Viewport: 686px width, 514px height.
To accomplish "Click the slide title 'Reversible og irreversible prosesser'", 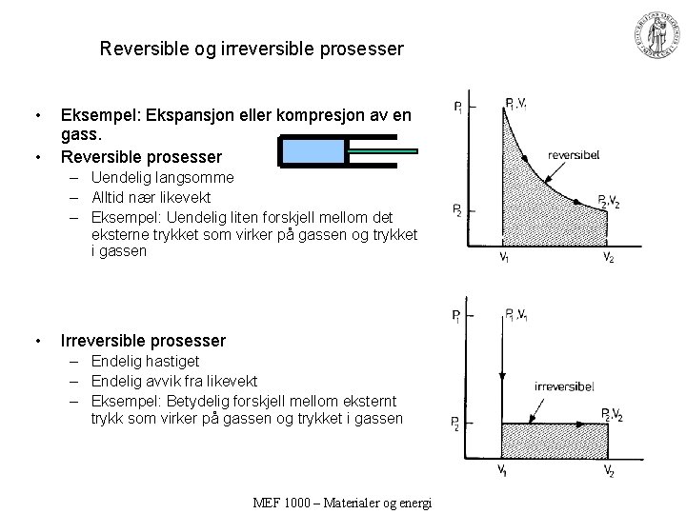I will [252, 48].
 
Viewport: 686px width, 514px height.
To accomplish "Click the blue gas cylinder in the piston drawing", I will [312, 150].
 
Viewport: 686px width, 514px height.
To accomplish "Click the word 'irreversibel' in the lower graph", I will [565, 386].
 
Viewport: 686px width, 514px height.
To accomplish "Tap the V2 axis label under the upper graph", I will [608, 258].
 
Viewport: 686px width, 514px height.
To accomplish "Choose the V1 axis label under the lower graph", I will [502, 470].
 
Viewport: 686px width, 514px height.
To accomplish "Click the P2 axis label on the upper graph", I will [459, 209].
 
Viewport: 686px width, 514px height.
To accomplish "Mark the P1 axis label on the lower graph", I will [459, 316].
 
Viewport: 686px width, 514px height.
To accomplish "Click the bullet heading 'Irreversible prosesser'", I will [143, 341].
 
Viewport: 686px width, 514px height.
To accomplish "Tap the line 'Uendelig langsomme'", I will [162, 177].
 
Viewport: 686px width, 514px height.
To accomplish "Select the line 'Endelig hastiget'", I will [145, 361].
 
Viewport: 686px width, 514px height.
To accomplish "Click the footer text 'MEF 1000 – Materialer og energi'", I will [343, 503].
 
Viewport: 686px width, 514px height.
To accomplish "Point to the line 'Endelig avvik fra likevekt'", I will [174, 381].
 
